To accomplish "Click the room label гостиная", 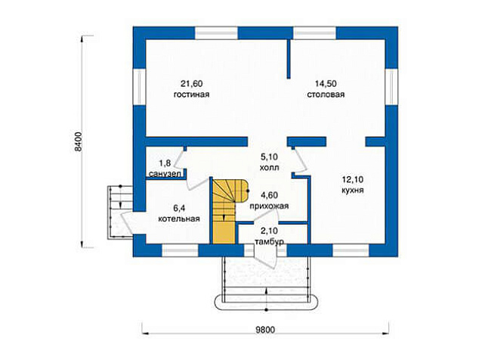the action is pos(192,95).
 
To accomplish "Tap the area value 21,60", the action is pos(192,83).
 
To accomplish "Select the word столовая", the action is pos(326,95).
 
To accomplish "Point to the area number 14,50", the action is pos(326,83).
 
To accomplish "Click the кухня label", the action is pos(353,191).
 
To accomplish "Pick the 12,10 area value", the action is pos(352,179).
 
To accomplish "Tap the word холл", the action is pos(269,168).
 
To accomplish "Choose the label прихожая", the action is pos(269,206).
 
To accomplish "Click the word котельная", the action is pos(179,219).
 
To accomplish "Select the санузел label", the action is pos(165,174).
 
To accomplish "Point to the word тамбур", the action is pos(269,241).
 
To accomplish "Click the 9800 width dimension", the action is pos(265,330).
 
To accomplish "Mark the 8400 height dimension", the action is pos(79,141).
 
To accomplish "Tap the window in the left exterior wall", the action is pos(139,86).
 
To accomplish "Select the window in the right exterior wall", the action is pos(391,86).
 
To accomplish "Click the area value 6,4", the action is pos(179,208).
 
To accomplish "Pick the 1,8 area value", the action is pos(165,163).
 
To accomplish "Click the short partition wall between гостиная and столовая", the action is pos(289,59).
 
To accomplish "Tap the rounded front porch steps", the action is pos(266,303).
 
